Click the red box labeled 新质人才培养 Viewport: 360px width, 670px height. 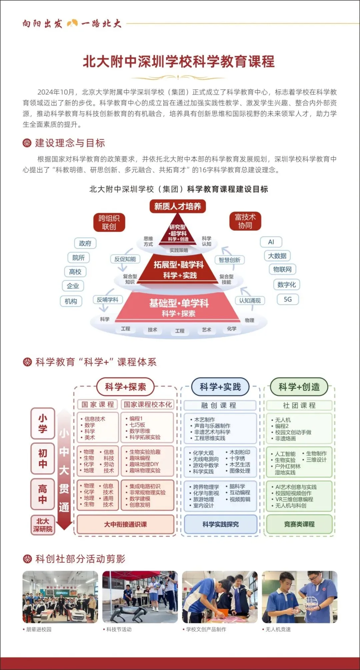(x=177, y=206)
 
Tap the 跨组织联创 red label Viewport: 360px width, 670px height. (x=109, y=222)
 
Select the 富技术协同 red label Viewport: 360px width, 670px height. (x=245, y=221)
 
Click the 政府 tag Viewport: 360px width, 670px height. (x=85, y=243)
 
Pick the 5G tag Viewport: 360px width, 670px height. (x=288, y=299)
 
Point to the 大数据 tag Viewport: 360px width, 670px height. (x=277, y=256)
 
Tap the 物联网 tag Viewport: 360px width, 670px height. (x=282, y=269)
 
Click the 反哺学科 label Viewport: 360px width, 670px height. (x=107, y=300)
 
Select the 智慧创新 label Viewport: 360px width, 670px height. (x=229, y=260)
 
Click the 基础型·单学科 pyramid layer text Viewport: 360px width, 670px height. (x=179, y=304)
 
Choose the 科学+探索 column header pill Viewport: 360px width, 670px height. (x=125, y=387)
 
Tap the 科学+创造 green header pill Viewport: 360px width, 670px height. (x=299, y=387)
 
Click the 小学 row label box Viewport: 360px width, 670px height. (x=43, y=423)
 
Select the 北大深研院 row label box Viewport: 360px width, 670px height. (x=43, y=525)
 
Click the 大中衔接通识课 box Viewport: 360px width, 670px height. (x=125, y=524)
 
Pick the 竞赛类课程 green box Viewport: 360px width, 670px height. (x=299, y=524)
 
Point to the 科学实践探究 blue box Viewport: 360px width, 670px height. (x=220, y=524)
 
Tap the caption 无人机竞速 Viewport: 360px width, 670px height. (x=278, y=629)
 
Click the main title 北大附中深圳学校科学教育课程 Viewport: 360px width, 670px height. (x=179, y=62)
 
